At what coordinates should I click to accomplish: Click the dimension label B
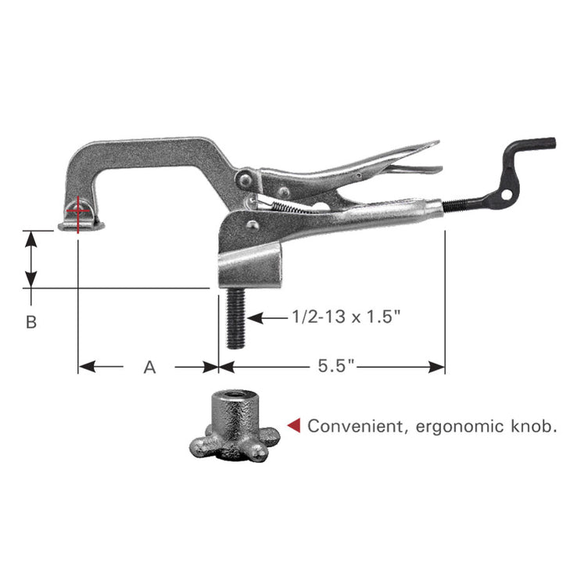click(31, 321)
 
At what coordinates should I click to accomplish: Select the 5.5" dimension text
click(336, 367)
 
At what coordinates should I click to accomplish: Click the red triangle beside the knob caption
click(294, 425)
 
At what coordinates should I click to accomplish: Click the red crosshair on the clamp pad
click(77, 210)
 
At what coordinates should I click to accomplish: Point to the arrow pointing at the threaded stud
click(258, 317)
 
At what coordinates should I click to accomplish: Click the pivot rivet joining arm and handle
click(246, 181)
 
